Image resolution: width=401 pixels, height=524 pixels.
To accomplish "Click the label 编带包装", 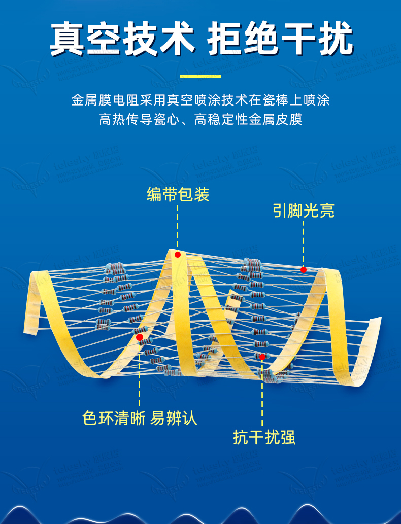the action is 178,194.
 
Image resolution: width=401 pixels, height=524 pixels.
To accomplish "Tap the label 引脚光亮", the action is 304,211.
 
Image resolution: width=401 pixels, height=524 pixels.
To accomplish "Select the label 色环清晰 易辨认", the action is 140,418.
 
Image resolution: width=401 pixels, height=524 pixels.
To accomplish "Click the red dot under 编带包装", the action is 178,254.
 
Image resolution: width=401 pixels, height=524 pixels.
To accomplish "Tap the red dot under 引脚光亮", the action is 304,269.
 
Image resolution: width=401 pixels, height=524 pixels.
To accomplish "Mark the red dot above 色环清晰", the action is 140,337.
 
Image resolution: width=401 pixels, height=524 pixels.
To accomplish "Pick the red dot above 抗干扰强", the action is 262,357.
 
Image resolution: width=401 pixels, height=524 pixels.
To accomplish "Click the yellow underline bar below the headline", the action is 201,77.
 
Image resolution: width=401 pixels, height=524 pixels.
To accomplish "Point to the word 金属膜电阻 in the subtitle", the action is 97,100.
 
